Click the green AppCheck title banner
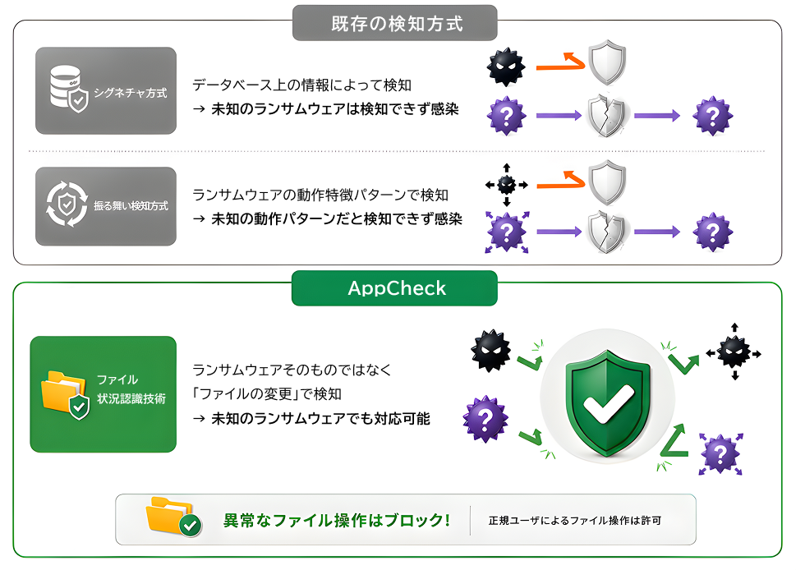(394, 288)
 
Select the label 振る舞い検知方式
(131, 205)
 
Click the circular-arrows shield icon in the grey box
(67, 204)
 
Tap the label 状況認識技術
(131, 399)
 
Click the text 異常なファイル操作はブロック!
(337, 520)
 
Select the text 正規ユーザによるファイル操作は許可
(575, 520)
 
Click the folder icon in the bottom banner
(173, 517)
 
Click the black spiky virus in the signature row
(506, 67)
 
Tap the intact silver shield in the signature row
(607, 62)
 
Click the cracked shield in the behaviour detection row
(606, 232)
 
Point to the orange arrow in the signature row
(560, 63)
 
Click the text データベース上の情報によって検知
(301, 85)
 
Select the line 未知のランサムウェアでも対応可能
(321, 419)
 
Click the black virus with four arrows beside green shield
(734, 352)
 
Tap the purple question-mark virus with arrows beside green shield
(720, 454)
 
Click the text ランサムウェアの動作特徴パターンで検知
(320, 195)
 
